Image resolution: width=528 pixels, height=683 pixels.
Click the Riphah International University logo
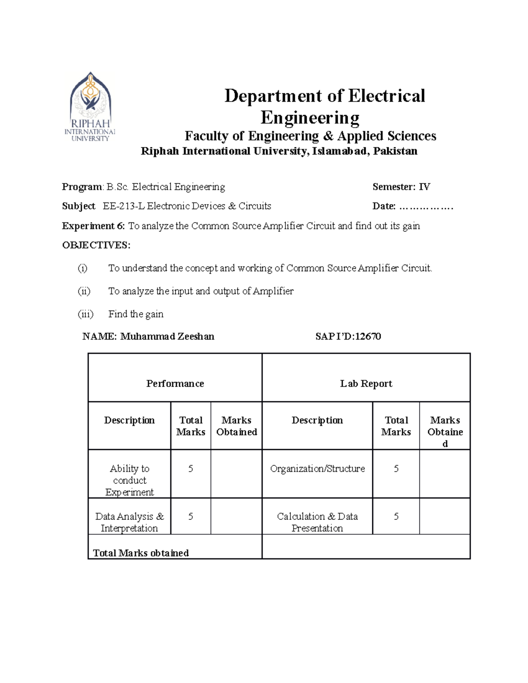point(90,106)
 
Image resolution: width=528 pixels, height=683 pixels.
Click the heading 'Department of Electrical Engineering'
point(324,106)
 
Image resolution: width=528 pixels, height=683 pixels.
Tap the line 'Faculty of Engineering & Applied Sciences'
point(310,136)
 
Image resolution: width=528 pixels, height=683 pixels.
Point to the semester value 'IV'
point(424,187)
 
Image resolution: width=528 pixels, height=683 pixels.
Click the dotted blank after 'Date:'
point(426,207)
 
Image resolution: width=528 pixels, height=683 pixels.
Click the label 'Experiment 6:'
point(94,226)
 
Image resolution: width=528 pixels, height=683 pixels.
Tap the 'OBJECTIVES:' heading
point(96,245)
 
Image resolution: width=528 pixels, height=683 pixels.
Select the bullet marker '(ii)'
point(84,291)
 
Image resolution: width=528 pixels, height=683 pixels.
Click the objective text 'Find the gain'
point(136,314)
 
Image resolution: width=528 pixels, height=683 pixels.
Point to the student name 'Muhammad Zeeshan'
point(167,337)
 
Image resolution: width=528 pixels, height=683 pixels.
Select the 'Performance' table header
point(175,384)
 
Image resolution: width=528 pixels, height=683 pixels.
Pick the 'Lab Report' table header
point(366,384)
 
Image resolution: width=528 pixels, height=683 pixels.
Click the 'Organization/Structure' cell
point(317,469)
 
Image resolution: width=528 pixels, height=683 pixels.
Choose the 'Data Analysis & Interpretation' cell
point(129,522)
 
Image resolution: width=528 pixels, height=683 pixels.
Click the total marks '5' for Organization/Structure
point(396,469)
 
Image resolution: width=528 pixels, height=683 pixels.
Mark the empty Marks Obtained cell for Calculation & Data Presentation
point(444,516)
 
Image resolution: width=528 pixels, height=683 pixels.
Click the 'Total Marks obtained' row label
point(141,553)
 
